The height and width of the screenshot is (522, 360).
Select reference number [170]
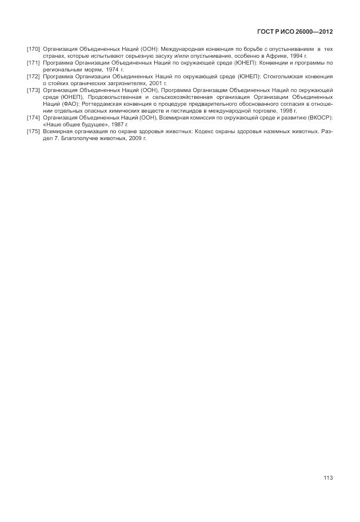[x=33, y=50]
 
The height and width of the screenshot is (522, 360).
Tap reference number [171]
[x=33, y=63]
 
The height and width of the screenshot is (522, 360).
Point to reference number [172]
[x=33, y=76]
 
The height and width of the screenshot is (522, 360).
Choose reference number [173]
[x=33, y=90]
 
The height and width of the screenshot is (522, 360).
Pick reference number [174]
[x=33, y=117]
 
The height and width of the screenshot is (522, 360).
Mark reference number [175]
[x=33, y=131]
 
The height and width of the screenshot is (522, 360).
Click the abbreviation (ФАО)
[x=67, y=104]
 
